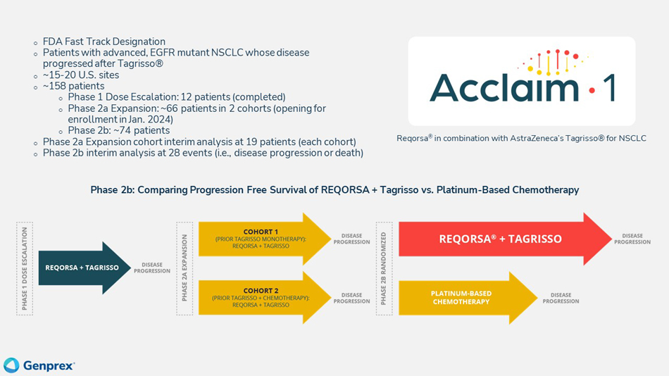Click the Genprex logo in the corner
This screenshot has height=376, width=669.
tap(39, 365)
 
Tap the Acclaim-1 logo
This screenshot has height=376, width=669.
tap(522, 80)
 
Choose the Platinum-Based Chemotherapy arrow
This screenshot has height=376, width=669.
tap(465, 297)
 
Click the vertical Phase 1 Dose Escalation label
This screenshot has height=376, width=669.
tap(25, 268)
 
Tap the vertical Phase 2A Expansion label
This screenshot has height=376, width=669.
tap(185, 268)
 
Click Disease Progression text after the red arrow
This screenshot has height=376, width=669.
tap(632, 239)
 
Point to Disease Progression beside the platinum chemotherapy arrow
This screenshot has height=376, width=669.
tap(561, 298)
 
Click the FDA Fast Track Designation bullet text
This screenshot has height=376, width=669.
tap(104, 42)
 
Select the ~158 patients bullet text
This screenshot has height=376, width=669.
tap(73, 86)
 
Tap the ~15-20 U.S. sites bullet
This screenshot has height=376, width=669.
tap(81, 75)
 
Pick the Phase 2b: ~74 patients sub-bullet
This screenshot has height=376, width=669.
tap(118, 130)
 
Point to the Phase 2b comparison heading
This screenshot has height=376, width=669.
tap(334, 190)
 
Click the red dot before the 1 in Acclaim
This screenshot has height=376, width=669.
tap(591, 89)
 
